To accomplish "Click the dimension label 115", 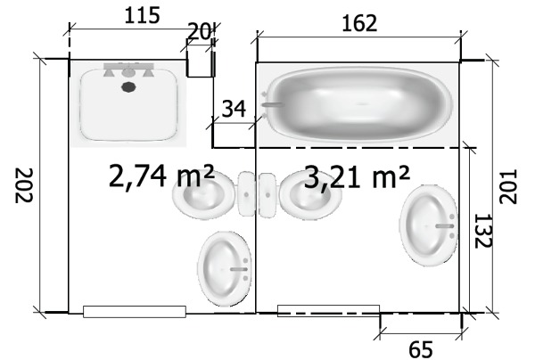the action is (142, 16).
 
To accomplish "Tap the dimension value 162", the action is (359, 23).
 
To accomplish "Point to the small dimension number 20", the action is (199, 32).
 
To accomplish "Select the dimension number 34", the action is (234, 109).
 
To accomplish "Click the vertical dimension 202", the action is (24, 185).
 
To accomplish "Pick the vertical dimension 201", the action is (508, 186).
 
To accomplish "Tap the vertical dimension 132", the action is (483, 231).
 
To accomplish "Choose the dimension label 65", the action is (420, 349).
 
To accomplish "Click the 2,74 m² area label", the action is (161, 176).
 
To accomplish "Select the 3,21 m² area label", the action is (357, 176).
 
